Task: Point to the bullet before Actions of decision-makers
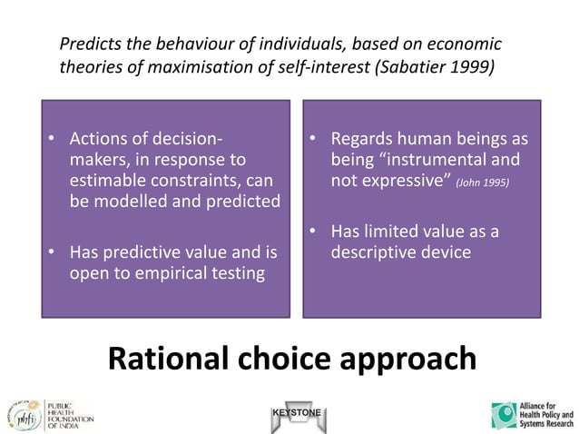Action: coord(52,140)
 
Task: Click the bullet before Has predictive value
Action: coord(52,252)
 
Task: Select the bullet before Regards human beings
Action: coord(310,140)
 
